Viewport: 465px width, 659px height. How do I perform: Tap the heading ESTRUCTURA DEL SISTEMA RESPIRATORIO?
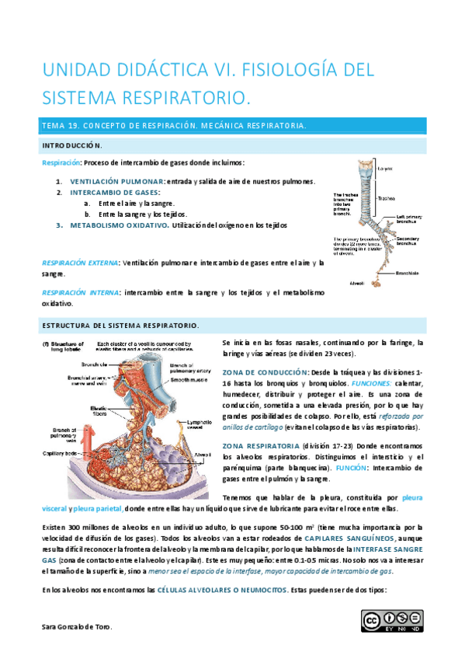[x=120, y=325]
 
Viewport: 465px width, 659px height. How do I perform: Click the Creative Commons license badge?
[x=392, y=620]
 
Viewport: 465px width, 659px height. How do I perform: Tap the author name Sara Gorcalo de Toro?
[x=77, y=627]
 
